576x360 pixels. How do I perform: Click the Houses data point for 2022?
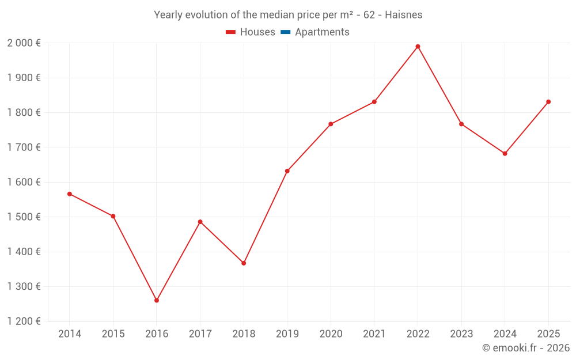418,47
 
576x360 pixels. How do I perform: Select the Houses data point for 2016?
157,300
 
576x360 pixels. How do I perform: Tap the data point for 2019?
287,171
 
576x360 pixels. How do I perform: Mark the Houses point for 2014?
70,194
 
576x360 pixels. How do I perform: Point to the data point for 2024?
505,154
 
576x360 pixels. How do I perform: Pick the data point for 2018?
244,263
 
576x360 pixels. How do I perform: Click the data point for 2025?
548,102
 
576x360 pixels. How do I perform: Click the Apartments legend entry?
322,32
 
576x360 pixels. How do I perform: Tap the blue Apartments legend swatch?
285,32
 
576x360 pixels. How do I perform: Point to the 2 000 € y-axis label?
24,43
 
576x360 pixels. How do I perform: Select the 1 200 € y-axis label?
24,321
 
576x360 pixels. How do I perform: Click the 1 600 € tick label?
24,182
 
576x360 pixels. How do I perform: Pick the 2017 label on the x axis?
200,334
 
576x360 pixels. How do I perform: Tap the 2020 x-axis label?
331,334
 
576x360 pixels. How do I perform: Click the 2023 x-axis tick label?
461,334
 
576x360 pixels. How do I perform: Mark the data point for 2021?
374,102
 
